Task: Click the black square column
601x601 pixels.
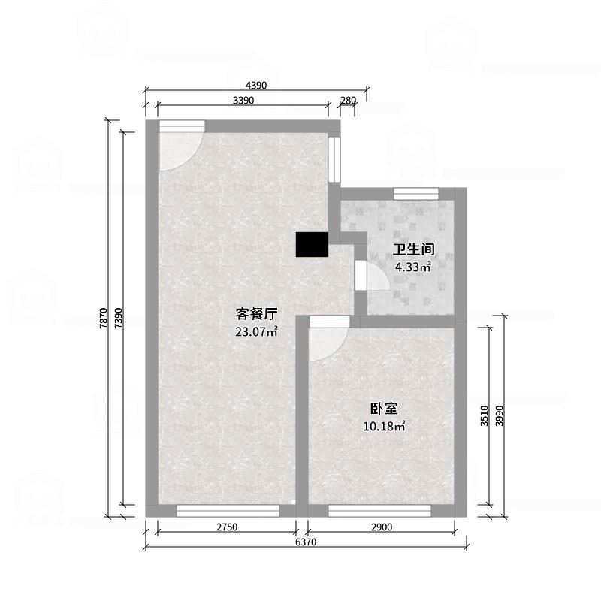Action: click(312, 245)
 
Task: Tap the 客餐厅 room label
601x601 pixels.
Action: click(256, 314)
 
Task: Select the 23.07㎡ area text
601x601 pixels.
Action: click(256, 331)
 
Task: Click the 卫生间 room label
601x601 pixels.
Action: click(413, 249)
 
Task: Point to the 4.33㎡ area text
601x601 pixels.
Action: click(413, 267)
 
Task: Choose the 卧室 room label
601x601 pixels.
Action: click(384, 409)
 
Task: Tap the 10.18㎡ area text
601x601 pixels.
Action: click(384, 426)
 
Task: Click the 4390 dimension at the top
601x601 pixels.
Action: click(256, 85)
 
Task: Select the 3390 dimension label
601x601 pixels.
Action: click(243, 101)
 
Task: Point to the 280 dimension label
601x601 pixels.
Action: click(348, 101)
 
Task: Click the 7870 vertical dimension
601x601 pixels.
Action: click(103, 318)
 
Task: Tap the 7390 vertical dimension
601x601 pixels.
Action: click(119, 318)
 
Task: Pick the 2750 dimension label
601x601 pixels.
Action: click(227, 527)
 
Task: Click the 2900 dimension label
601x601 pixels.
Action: click(382, 527)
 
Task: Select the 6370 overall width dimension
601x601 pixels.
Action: click(307, 542)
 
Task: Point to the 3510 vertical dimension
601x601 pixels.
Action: click(485, 415)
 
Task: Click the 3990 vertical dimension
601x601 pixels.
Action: click(500, 415)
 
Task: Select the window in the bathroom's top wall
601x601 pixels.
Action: click(416, 194)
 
